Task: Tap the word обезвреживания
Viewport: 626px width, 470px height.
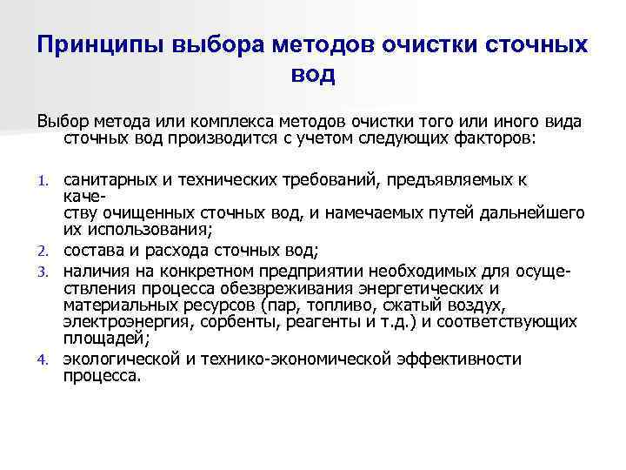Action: point(266,289)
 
